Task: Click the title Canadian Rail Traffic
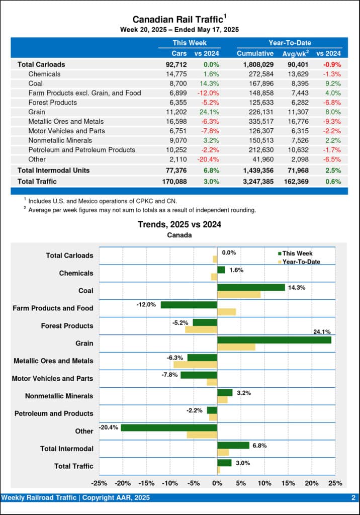(x=177, y=20)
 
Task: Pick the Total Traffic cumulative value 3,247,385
(x=255, y=181)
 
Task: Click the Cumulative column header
(x=255, y=53)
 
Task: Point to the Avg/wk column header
(x=294, y=53)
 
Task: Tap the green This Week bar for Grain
(x=274, y=340)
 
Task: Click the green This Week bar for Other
(x=169, y=428)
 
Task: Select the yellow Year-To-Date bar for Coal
(x=239, y=295)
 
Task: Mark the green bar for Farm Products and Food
(x=189, y=305)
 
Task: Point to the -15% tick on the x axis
(x=146, y=483)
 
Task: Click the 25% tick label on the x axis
(x=335, y=483)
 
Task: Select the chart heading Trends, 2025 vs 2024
(x=179, y=225)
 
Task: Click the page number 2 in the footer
(x=353, y=498)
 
